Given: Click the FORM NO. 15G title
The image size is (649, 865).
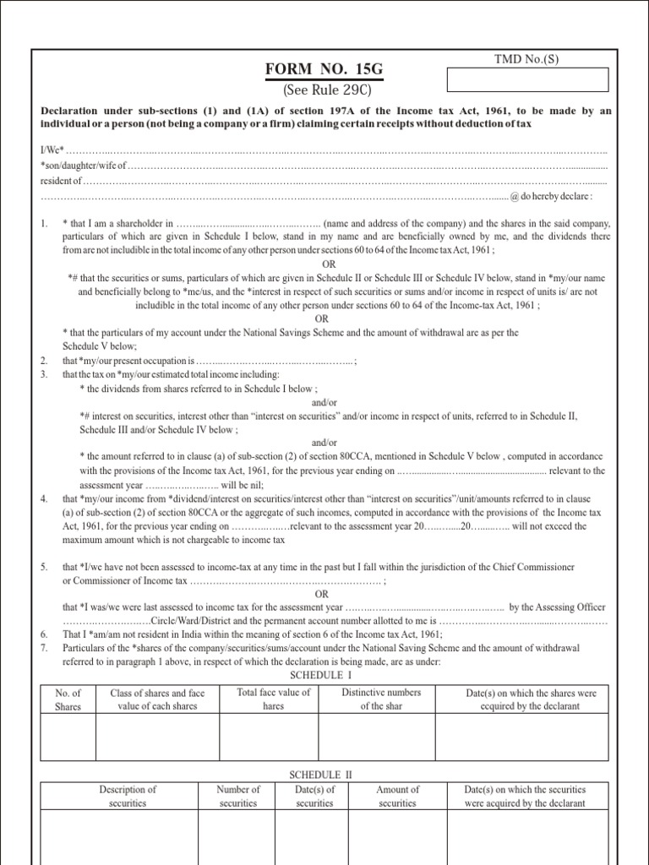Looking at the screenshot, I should (x=324, y=68).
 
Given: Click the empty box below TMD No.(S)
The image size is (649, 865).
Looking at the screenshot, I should (x=526, y=79).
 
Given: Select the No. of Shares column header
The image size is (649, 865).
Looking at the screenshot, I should (x=67, y=699).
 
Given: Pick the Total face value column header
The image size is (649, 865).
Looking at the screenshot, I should (x=274, y=699).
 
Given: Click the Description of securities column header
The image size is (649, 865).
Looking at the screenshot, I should (x=128, y=797).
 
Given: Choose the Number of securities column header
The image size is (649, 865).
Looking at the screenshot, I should (x=238, y=797).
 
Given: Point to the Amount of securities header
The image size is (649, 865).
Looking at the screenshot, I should (x=397, y=797).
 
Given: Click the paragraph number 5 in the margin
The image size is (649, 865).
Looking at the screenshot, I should (x=44, y=565).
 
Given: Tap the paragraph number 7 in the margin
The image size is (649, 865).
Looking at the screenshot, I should (x=44, y=647).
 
